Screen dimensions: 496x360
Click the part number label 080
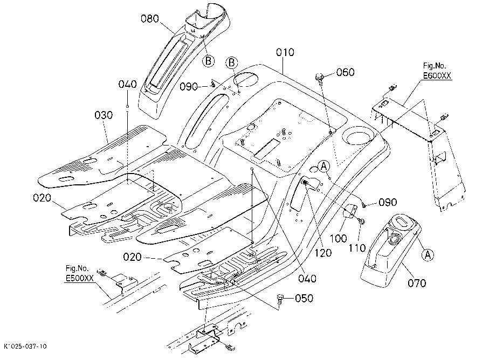[x=150, y=19]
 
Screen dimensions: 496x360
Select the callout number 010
[x=285, y=52]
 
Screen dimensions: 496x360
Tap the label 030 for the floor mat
[x=104, y=115]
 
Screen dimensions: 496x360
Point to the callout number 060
[x=345, y=72]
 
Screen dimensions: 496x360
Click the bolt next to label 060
[x=319, y=78]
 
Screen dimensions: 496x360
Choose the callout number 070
[x=417, y=283]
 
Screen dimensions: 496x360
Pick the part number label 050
[x=304, y=299]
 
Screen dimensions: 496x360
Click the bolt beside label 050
[x=280, y=299]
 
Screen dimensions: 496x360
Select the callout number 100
[x=338, y=238]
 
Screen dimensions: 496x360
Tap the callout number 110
[x=357, y=248]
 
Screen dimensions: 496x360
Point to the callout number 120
[x=322, y=253]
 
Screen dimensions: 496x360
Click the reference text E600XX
[x=437, y=75]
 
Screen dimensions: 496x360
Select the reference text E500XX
[x=80, y=278]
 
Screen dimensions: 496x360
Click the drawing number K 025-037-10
[x=25, y=347]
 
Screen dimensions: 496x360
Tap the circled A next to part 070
[x=428, y=254]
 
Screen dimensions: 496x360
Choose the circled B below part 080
[x=208, y=61]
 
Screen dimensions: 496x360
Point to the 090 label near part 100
[x=388, y=202]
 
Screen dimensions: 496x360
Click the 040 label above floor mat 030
[x=127, y=85]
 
